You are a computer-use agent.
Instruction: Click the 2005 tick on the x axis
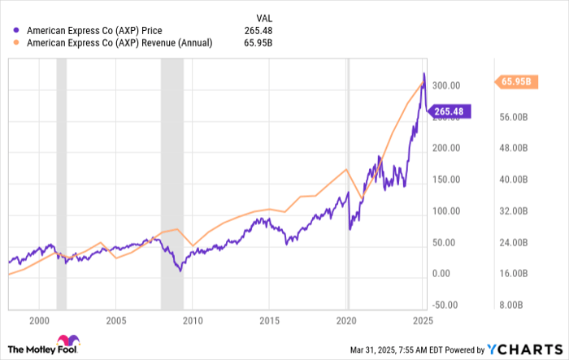[115, 320]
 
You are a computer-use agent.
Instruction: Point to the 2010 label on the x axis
[193, 320]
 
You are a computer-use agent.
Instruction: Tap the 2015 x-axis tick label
[270, 320]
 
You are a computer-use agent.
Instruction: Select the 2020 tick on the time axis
[347, 320]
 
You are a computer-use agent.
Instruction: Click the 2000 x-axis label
[38, 320]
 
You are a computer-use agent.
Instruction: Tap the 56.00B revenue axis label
[515, 116]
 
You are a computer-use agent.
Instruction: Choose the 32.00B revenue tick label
[515, 210]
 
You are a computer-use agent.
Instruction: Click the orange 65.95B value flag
[515, 81]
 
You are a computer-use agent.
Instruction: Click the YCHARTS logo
[520, 349]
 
